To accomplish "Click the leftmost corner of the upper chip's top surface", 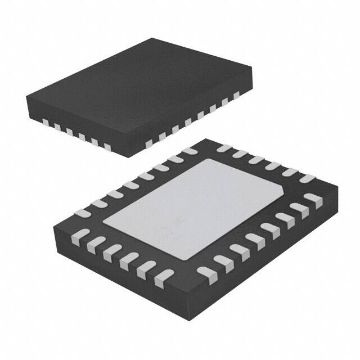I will coord(27,99).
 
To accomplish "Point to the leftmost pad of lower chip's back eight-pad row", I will coord(83,213).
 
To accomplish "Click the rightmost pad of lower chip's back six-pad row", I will coord(308,179).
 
